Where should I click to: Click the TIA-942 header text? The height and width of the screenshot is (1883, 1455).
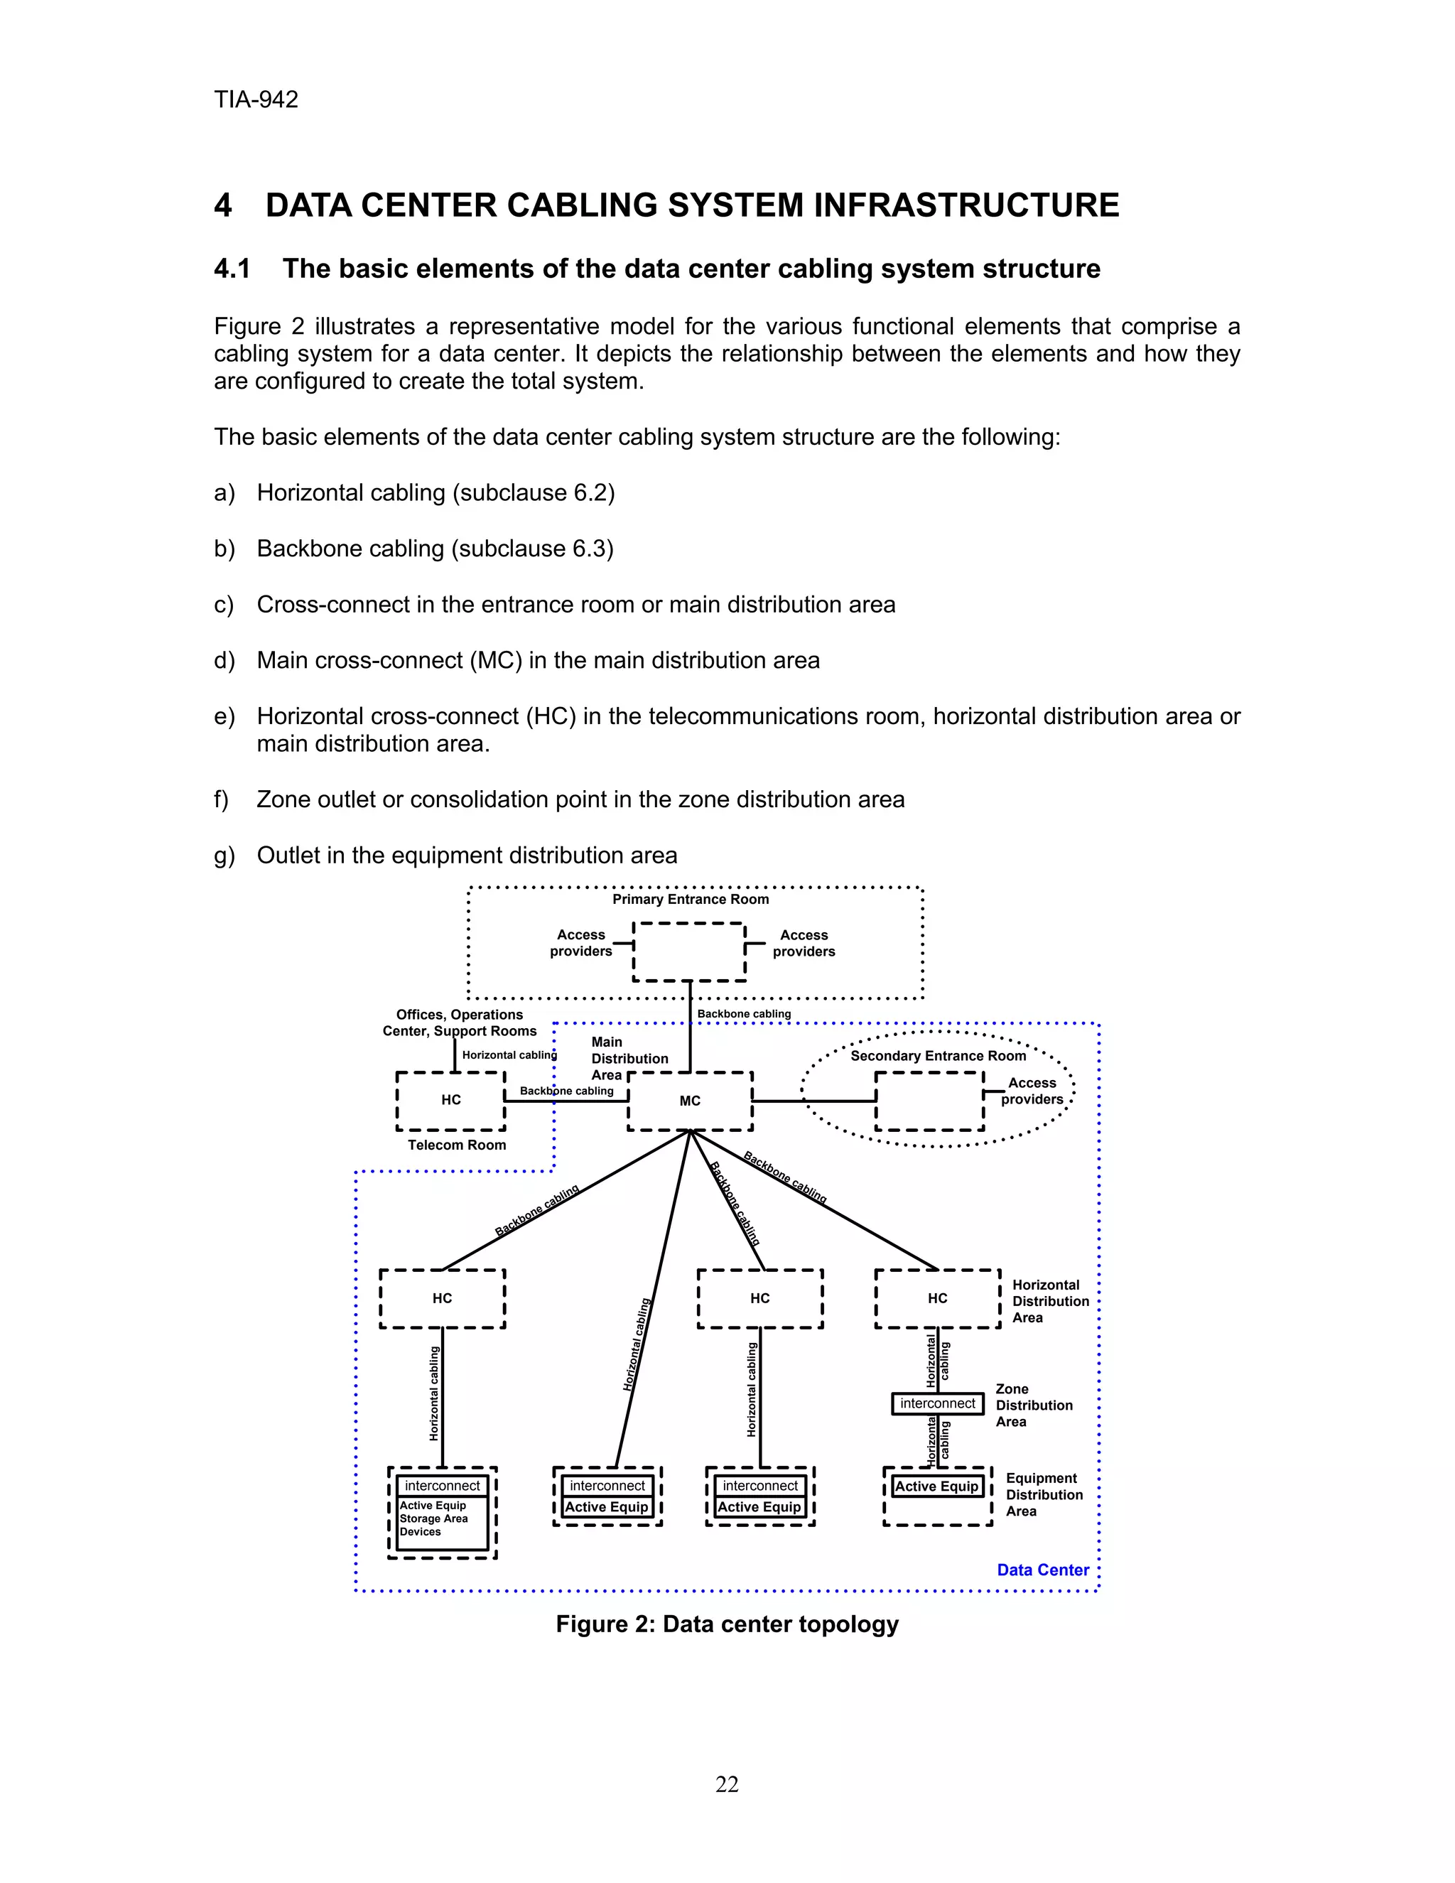tap(256, 100)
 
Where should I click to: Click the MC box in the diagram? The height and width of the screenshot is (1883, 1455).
tap(690, 1101)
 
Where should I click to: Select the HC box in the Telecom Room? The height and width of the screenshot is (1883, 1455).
tap(451, 1100)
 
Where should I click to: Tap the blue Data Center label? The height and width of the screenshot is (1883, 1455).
tap(1042, 1570)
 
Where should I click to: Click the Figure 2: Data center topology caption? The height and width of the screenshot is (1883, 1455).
tap(727, 1624)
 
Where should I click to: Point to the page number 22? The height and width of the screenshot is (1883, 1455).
tap(727, 1785)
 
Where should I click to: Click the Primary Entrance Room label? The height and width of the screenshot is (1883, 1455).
tap(691, 900)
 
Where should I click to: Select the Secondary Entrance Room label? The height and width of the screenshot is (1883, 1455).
tap(938, 1055)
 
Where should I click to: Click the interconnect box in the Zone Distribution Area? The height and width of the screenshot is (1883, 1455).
tap(937, 1403)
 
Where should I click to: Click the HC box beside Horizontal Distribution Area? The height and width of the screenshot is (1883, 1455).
tap(937, 1298)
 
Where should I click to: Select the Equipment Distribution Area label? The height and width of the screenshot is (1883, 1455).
tap(1043, 1495)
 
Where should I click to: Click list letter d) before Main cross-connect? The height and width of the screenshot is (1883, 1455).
tap(224, 662)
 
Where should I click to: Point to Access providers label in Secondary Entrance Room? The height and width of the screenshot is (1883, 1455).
tap(1032, 1091)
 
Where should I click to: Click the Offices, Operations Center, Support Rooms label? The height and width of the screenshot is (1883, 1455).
tap(460, 1023)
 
